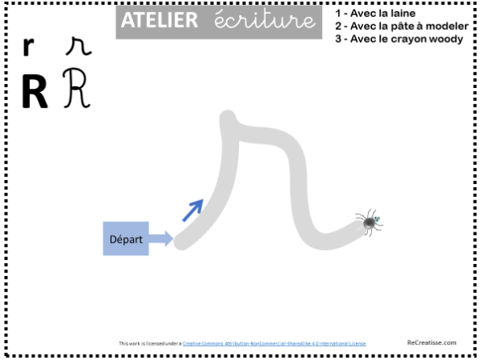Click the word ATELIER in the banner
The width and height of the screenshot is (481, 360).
[159, 20]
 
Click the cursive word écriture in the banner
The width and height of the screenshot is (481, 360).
[265, 19]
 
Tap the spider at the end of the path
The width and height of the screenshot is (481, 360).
[370, 223]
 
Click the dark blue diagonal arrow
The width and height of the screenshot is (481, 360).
[193, 210]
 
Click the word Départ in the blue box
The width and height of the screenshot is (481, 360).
[126, 240]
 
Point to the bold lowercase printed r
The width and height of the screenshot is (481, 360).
[28, 47]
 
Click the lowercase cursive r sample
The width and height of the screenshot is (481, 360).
[78, 47]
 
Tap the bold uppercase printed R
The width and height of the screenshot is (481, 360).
[35, 92]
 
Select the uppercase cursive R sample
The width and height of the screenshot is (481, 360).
[76, 88]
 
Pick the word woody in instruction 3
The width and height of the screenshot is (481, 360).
[448, 40]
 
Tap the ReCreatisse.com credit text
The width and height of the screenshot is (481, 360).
[432, 342]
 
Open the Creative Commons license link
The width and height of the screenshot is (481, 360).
[274, 343]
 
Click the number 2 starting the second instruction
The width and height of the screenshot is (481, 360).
[338, 27]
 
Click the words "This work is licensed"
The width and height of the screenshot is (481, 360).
[138, 343]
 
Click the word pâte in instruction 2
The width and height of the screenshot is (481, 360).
[399, 26]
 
